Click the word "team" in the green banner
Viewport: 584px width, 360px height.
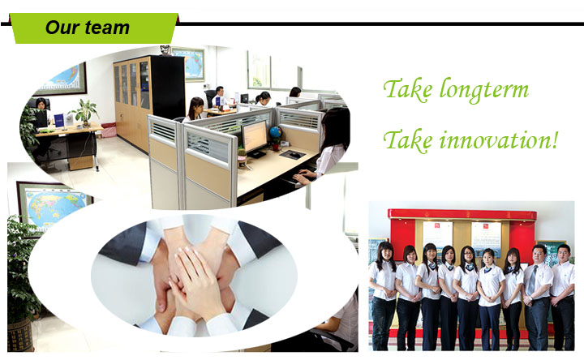coord(107,28)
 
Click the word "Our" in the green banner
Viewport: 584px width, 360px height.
coord(62,28)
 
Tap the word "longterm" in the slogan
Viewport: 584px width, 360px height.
coord(484,91)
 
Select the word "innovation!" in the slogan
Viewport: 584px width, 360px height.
coord(499,141)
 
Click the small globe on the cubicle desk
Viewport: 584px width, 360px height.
coord(276,132)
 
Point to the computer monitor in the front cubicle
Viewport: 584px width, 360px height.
coord(255,138)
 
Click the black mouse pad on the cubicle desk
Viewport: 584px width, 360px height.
coord(292,155)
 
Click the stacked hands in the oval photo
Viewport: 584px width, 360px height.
coord(194,276)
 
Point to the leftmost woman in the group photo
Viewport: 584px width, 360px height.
coord(384,296)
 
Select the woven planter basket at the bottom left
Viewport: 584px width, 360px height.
coord(20,335)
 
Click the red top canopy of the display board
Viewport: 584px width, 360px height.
coord(462,214)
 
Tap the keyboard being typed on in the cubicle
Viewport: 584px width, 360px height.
coord(294,179)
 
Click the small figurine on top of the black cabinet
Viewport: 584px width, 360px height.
coord(165,50)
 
